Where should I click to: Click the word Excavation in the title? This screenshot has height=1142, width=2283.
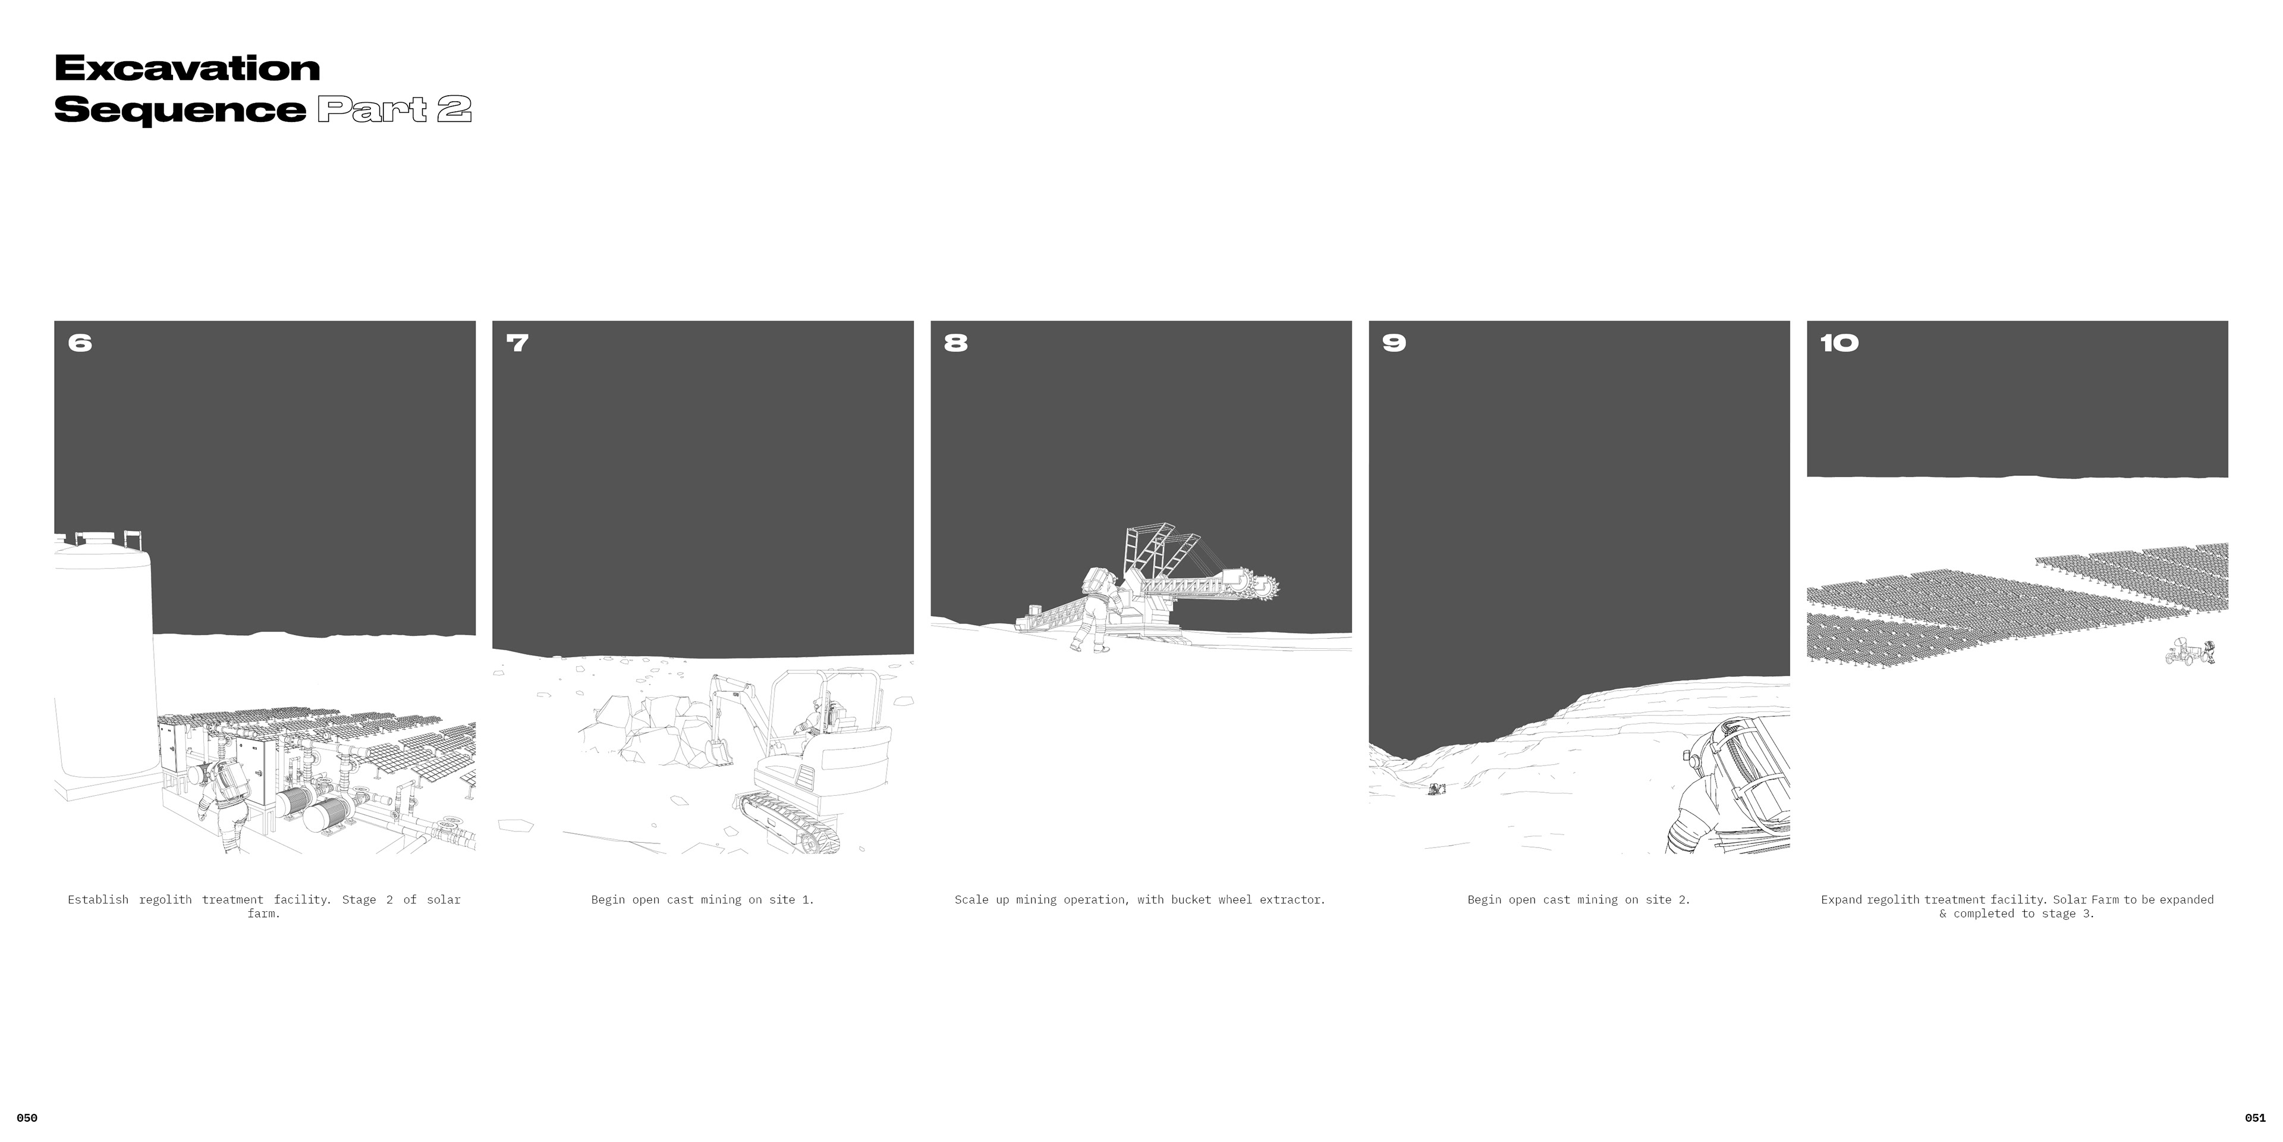[x=187, y=68]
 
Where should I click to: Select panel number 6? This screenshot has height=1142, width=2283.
[x=80, y=343]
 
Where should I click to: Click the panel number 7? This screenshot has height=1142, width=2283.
[x=518, y=343]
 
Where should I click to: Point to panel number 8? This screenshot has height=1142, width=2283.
[x=955, y=343]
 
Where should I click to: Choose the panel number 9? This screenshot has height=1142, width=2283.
[x=1394, y=343]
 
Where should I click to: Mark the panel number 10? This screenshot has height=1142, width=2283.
[x=1839, y=343]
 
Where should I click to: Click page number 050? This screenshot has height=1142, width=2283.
[x=27, y=1118]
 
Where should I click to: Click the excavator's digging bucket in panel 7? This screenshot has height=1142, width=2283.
[x=719, y=751]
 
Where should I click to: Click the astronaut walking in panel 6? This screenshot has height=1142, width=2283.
[x=224, y=802]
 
